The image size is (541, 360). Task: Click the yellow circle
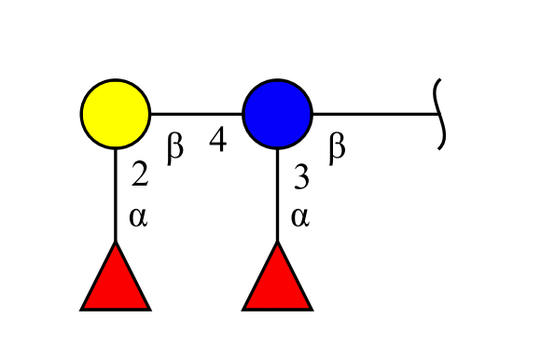coord(116,114)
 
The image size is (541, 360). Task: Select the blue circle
coord(277,114)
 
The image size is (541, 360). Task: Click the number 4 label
coord(218,139)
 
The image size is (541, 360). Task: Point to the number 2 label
coord(140,173)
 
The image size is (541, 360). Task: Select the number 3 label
coord(301,176)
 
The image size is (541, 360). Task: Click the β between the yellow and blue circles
coord(175,149)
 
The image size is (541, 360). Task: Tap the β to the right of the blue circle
coord(337,149)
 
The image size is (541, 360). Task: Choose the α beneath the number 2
coord(138,217)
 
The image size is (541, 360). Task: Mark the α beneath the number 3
coord(300,217)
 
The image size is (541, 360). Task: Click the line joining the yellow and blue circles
coord(196,114)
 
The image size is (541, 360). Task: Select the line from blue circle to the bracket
coord(376,114)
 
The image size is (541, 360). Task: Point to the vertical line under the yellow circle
coord(116,195)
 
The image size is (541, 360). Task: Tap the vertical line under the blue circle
coord(277,195)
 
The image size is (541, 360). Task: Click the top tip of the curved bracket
coord(440,79)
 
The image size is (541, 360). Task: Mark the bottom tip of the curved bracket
coord(439,149)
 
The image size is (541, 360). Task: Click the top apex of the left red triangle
coord(116,242)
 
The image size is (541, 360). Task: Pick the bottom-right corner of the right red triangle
coord(312,311)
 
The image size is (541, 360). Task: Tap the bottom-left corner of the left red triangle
coord(80,311)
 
